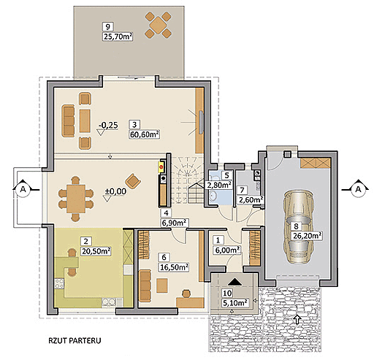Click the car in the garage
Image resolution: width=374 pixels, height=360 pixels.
click(297, 226)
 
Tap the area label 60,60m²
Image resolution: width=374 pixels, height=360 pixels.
click(145, 134)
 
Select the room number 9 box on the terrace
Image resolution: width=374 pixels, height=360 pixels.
click(108, 26)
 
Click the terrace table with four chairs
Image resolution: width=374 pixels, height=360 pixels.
click(159, 25)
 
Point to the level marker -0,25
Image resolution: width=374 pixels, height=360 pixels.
click(108, 125)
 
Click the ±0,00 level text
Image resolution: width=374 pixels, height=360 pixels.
click(115, 191)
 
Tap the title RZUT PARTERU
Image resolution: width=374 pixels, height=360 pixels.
click(75, 340)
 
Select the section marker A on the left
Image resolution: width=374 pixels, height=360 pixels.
click(23, 189)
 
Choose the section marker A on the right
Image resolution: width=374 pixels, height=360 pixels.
click(358, 189)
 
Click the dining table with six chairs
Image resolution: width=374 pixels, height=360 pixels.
click(76, 199)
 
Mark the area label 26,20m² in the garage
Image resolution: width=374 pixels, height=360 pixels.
click(307, 236)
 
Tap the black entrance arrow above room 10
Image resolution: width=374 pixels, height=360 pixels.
click(234, 282)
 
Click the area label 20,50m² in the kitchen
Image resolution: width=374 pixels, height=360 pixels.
click(96, 251)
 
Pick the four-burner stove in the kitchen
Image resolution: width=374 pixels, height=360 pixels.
click(59, 283)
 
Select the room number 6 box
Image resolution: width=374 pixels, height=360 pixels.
click(164, 257)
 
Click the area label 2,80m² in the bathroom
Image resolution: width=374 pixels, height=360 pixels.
click(219, 185)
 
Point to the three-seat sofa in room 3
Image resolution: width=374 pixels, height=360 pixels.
click(69, 120)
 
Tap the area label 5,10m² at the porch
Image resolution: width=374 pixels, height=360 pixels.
click(234, 303)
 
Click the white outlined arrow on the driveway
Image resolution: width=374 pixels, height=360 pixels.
click(297, 318)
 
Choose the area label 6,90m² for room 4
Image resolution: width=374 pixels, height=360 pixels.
click(174, 223)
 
